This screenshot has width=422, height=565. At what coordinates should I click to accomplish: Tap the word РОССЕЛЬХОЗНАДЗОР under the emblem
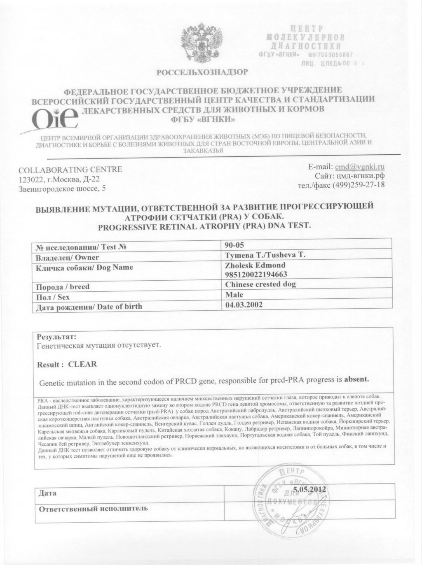click(x=202, y=73)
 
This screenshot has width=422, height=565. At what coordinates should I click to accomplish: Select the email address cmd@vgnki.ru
click(x=360, y=167)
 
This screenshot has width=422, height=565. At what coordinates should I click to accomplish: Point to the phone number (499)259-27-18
click(x=361, y=185)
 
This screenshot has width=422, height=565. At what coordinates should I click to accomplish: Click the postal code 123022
click(x=32, y=179)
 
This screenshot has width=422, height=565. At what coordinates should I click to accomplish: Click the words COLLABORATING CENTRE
click(x=70, y=170)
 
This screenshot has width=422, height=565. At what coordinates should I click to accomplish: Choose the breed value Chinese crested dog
click(x=260, y=284)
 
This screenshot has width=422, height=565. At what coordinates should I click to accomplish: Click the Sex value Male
click(x=234, y=295)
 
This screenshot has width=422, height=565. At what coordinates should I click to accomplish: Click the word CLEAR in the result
click(x=82, y=364)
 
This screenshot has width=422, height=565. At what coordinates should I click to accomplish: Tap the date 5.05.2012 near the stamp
click(x=310, y=489)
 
